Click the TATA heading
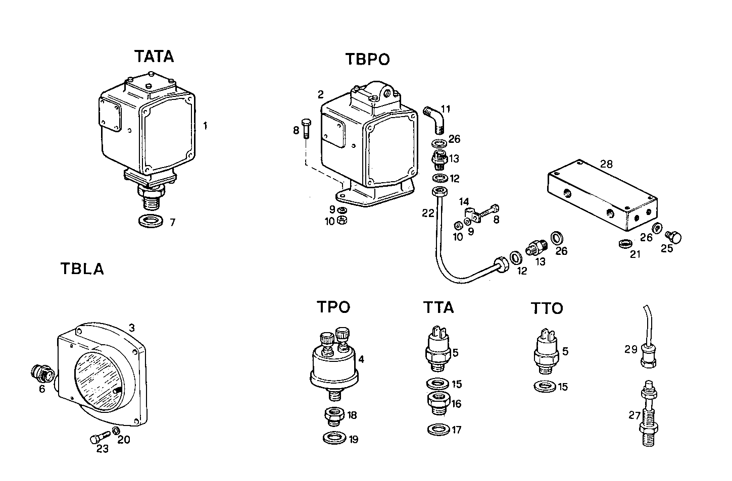point(154,57)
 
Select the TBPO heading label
point(367,60)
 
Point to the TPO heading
point(333,307)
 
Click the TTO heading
point(547,308)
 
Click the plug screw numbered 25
point(674,236)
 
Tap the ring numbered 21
point(625,243)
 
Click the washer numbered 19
point(333,438)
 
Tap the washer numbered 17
point(437,430)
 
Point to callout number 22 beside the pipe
point(428,213)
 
